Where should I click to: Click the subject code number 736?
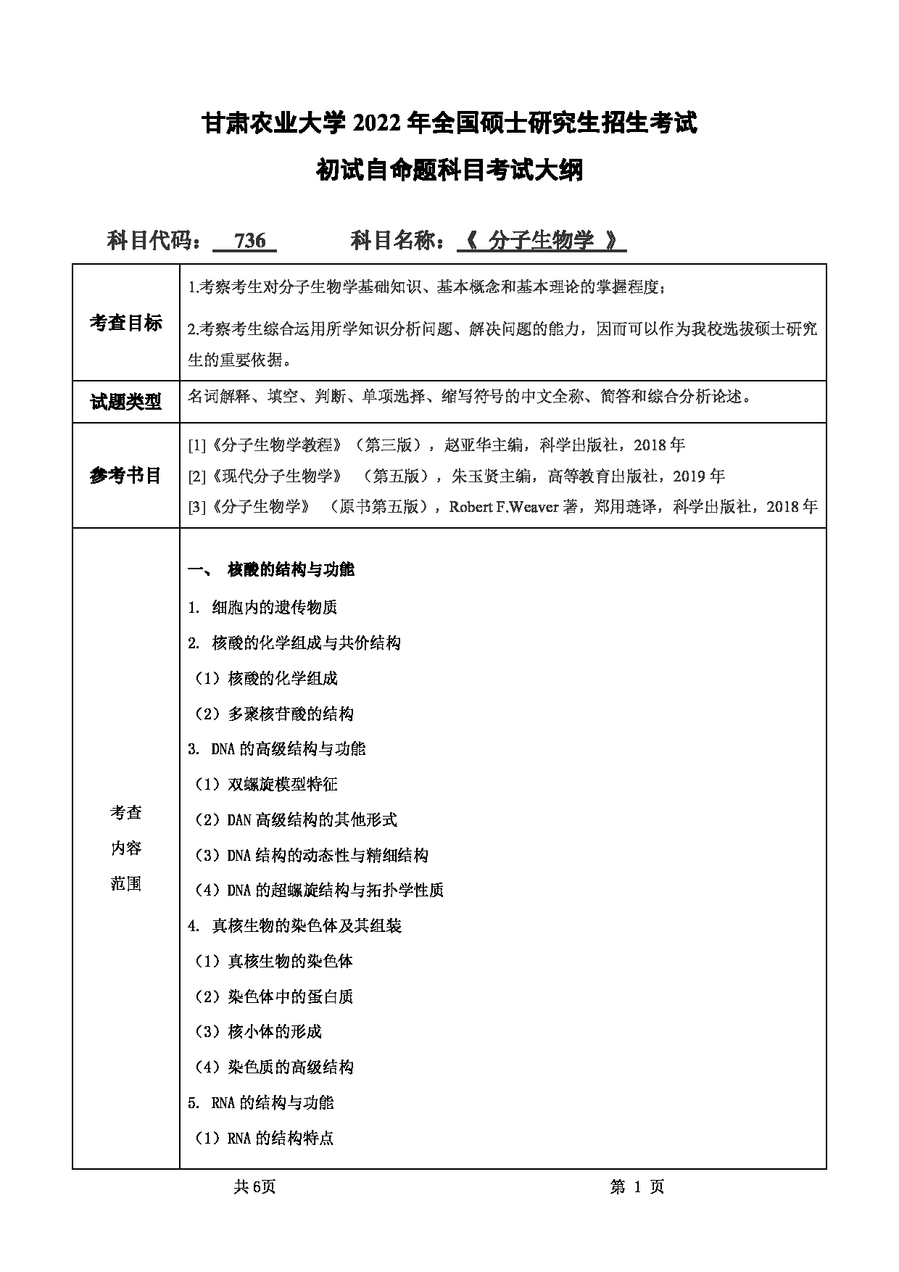pos(250,241)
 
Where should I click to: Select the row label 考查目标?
pos(125,323)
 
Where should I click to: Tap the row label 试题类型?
pos(125,402)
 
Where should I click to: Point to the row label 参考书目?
pos(125,476)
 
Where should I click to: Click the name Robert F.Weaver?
pos(503,507)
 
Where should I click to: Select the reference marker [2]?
pos(196,476)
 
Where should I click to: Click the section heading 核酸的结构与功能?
pos(291,570)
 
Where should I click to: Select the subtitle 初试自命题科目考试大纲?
pos(449,171)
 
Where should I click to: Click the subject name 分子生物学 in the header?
pos(541,241)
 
